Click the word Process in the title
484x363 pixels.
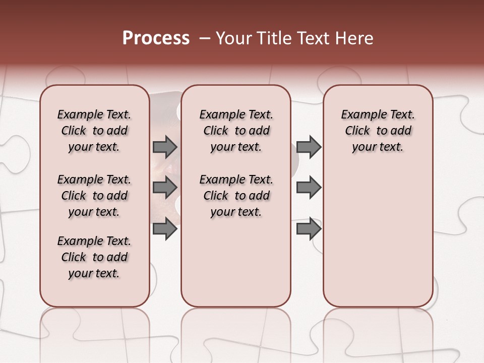[x=156, y=38]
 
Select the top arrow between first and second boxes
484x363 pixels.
[x=165, y=147]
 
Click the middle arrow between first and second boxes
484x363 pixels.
[x=165, y=188]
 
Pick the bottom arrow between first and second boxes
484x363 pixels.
[x=165, y=229]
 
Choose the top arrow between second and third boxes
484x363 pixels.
[x=309, y=147]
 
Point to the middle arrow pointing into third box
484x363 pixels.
[x=309, y=188]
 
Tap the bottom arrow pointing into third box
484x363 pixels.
[x=309, y=229]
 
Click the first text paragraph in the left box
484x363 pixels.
[x=94, y=131]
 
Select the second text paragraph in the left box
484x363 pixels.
[x=94, y=196]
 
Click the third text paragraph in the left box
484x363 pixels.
[x=94, y=257]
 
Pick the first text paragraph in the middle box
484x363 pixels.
[x=236, y=131]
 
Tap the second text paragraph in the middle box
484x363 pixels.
[x=236, y=196]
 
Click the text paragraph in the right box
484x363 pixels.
[x=378, y=131]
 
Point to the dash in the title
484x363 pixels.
[x=205, y=38]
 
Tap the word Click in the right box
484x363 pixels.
[x=357, y=131]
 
